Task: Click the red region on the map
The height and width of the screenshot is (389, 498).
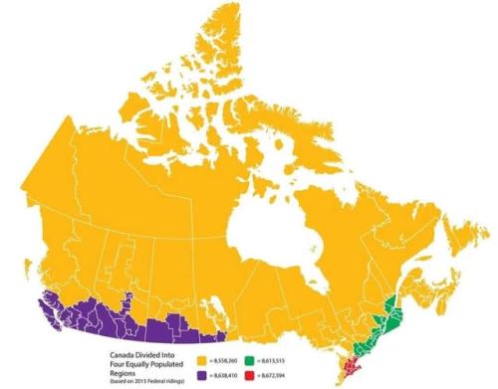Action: pyautogui.click(x=351, y=371)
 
